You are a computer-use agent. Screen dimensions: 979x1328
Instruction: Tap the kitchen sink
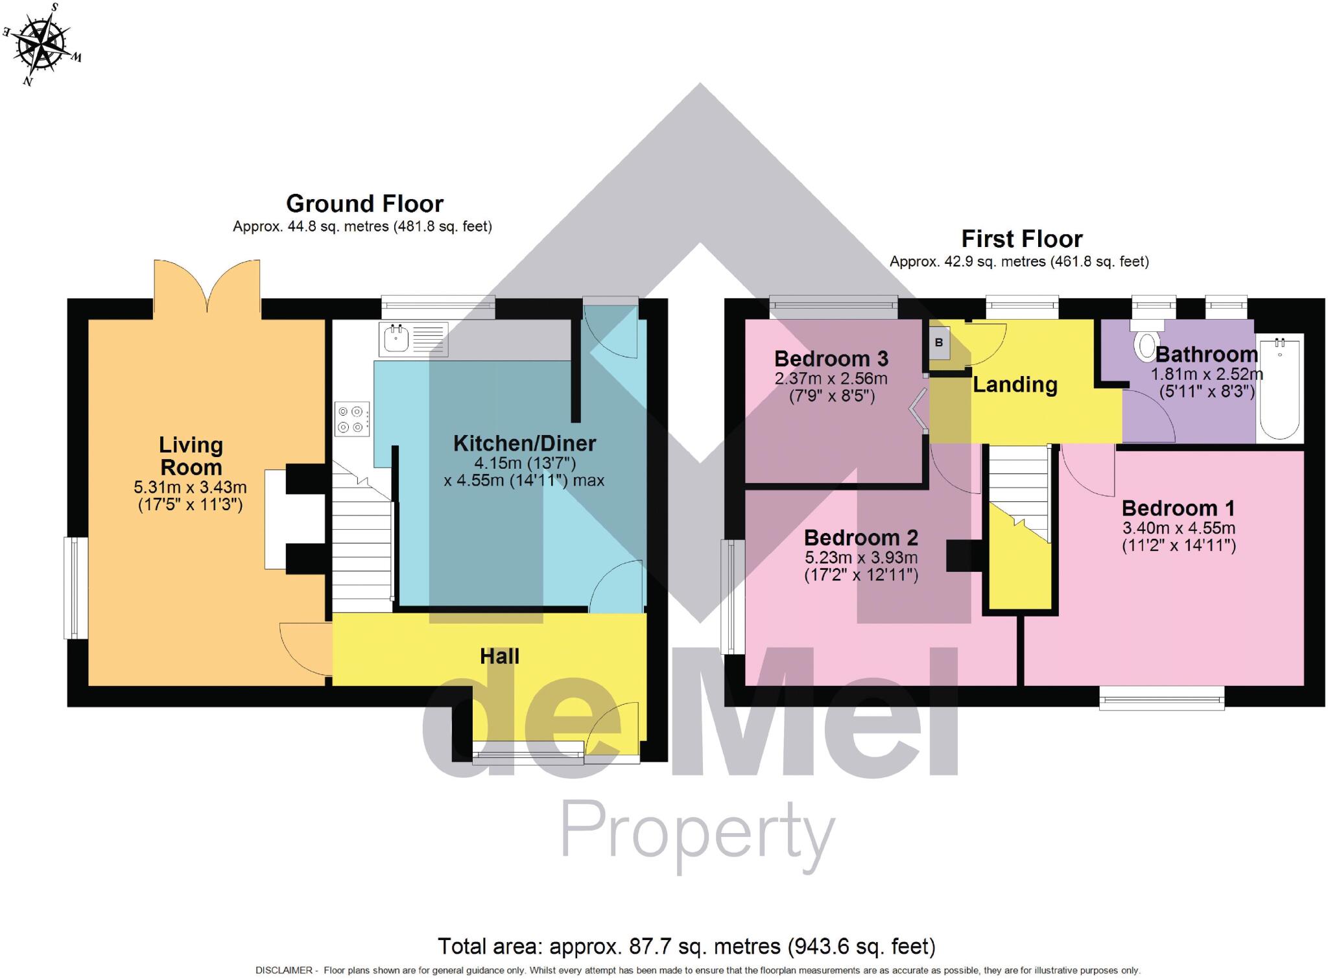click(396, 339)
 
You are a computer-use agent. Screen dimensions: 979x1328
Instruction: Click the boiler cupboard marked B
click(939, 344)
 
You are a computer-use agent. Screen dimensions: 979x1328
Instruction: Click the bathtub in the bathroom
click(1279, 388)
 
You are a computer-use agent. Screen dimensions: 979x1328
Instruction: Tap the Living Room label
click(191, 456)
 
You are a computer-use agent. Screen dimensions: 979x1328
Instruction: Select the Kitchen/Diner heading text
click(524, 443)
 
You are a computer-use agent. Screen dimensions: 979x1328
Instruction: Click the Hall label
click(499, 656)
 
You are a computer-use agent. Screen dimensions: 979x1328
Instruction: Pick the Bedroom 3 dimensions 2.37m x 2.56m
click(831, 379)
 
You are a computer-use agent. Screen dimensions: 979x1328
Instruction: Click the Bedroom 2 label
click(860, 537)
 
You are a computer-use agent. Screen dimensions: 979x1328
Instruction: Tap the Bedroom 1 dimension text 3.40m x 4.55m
click(1178, 528)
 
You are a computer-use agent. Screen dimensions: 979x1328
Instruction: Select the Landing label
click(1015, 384)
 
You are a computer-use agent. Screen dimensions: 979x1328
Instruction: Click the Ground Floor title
click(364, 204)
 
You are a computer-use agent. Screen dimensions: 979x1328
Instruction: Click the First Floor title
click(1021, 239)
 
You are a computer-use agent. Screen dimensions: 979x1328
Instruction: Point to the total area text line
click(686, 947)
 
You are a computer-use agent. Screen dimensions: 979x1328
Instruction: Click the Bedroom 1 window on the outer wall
click(1161, 698)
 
